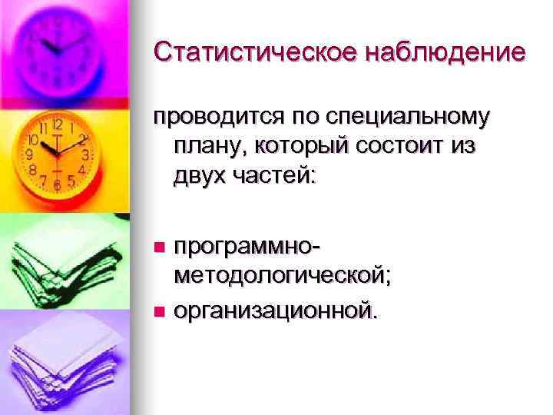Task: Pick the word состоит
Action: tap(404, 146)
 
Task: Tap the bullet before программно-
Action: tap(159, 247)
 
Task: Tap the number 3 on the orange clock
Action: tap(86, 154)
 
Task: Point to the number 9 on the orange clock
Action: tap(30, 154)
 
